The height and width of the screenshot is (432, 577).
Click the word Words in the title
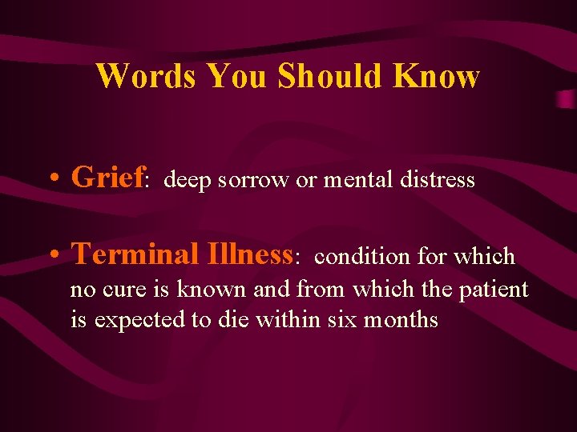[x=147, y=77]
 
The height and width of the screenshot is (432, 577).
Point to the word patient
[x=494, y=289]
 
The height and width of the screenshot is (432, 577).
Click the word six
[x=342, y=320]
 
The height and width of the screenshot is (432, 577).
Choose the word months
[x=401, y=320]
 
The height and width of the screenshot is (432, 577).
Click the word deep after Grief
[x=187, y=181]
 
